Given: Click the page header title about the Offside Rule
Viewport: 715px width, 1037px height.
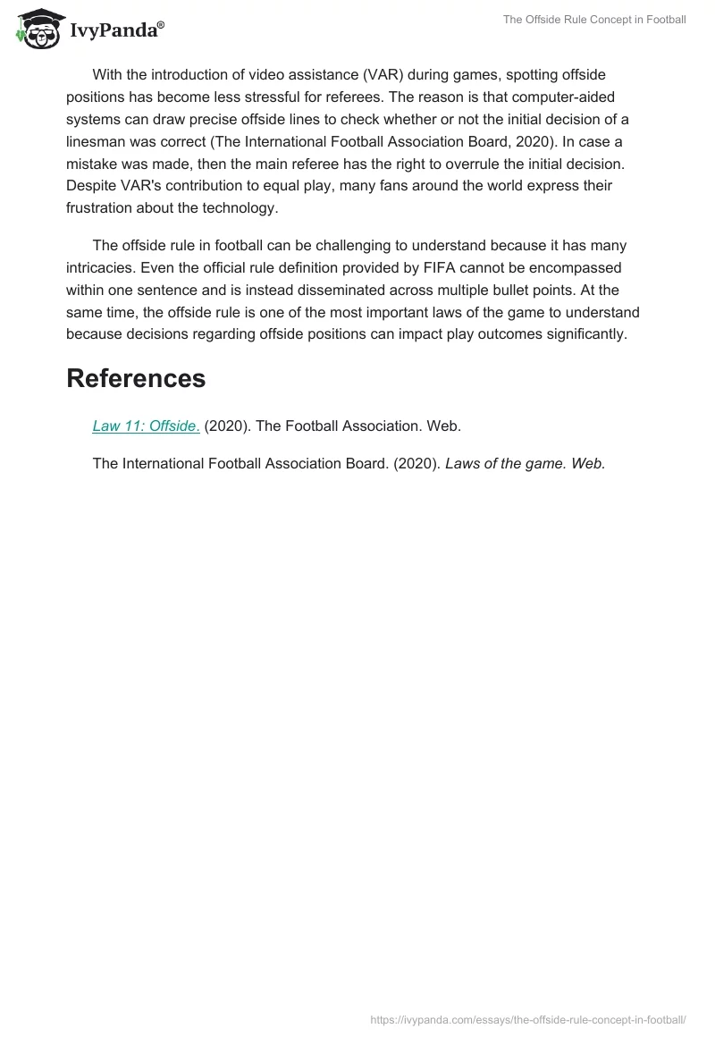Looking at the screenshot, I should (x=594, y=20).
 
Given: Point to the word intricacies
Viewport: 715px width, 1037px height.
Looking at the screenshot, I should (x=103, y=267).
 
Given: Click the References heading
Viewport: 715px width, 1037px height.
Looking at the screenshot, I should (x=136, y=378).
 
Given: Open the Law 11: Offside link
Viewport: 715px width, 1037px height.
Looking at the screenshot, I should (x=146, y=426).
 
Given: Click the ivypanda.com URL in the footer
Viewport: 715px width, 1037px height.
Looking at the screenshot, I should (x=527, y=1020).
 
